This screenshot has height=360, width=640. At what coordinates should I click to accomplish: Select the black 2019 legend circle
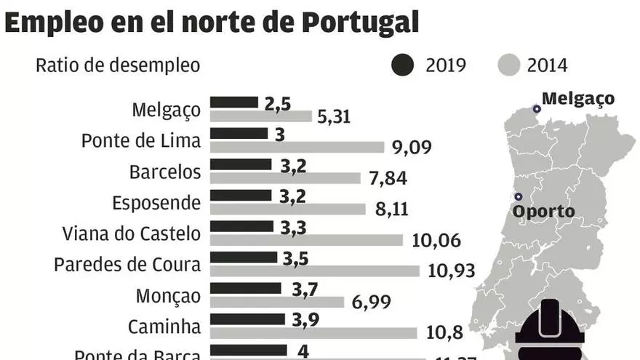403,65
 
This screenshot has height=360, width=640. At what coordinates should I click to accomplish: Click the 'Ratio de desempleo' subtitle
118,65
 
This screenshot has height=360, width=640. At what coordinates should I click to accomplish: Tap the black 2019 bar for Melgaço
234,103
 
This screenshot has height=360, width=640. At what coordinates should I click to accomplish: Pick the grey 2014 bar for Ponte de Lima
297,147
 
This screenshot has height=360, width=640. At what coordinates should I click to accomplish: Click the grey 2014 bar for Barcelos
285,178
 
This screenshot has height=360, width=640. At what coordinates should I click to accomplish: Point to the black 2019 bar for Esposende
241,196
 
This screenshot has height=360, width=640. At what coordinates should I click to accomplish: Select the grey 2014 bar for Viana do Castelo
306,240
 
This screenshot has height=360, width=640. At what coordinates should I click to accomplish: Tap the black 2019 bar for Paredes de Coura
244,257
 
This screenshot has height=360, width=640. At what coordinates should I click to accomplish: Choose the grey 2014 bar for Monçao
277,302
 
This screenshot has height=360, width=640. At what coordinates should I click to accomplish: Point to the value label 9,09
412,148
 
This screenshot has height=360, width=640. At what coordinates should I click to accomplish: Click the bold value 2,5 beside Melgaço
278,104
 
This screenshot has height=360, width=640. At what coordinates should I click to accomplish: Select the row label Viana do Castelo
132,234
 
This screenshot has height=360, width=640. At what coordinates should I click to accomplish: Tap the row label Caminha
164,327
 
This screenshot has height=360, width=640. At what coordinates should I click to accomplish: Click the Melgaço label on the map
578,98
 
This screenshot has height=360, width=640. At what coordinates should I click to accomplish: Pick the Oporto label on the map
543,212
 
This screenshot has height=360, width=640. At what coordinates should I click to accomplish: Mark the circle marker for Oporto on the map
518,196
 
